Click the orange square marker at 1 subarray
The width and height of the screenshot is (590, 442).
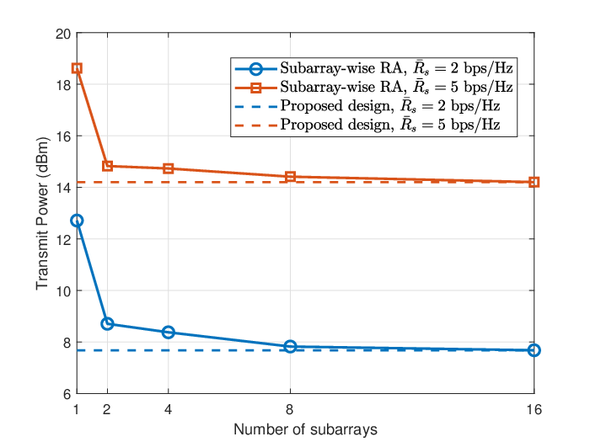pos(77,68)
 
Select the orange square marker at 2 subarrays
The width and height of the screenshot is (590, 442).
pos(107,166)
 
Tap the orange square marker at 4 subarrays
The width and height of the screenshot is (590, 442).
pos(169,168)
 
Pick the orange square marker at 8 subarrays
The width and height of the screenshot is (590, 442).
pos(290,177)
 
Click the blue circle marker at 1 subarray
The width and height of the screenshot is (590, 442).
pos(77,221)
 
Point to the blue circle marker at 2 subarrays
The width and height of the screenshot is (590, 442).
pos(107,323)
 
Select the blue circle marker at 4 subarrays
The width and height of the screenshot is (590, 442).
pos(169,333)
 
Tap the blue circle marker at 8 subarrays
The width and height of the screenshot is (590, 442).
pos(290,347)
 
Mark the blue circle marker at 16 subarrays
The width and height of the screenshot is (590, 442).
pos(534,350)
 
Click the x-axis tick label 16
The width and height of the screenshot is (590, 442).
pos(534,409)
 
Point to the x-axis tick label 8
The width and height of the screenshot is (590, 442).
pos(289,409)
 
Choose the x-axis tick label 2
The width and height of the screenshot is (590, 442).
pos(107,409)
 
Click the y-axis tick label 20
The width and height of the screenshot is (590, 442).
pos(63,35)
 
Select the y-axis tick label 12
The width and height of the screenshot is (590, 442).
pos(63,239)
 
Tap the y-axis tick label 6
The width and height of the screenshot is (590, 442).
pos(67,394)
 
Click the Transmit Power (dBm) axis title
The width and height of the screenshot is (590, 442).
pos(42,214)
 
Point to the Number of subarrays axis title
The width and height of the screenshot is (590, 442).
pos(305,429)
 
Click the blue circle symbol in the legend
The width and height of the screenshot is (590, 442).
pos(256,69)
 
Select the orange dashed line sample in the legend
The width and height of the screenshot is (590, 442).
pos(256,125)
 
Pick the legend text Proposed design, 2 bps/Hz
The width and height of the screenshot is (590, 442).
pos(390,106)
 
